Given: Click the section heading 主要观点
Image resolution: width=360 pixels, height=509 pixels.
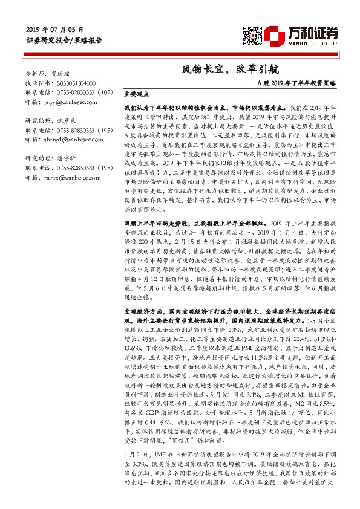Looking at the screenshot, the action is coord(136,95).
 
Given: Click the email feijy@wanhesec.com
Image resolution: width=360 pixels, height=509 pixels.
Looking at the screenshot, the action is coord(70,103).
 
